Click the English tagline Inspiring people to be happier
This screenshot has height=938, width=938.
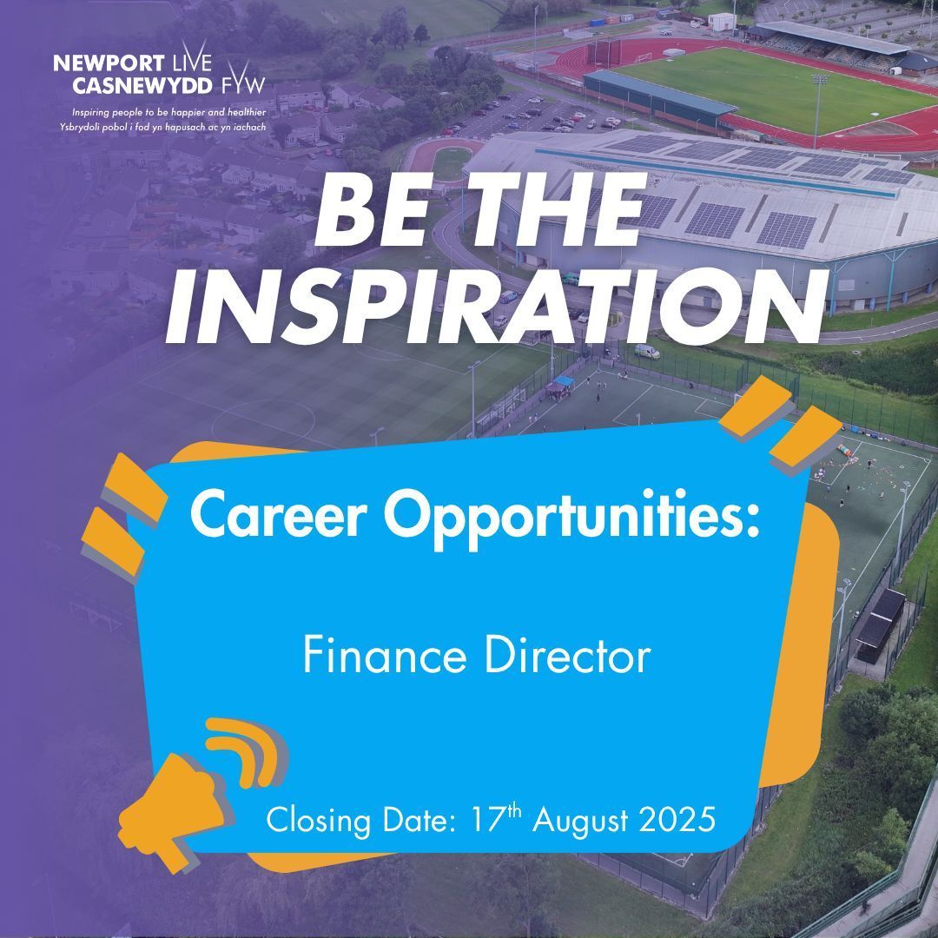(x=169, y=113)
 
